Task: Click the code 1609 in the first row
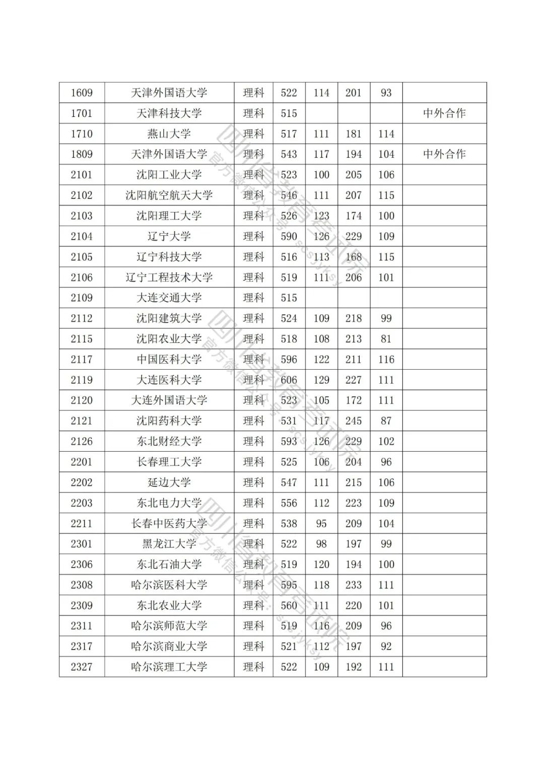[82, 93]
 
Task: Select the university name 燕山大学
[169, 134]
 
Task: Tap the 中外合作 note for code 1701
[444, 113]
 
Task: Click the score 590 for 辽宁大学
[289, 236]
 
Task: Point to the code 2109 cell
[82, 298]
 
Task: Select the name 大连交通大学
[169, 298]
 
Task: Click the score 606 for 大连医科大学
[289, 380]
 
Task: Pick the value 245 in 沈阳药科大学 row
[354, 421]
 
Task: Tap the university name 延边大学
[169, 482]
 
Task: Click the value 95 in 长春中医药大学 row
[321, 523]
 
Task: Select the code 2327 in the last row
[82, 667]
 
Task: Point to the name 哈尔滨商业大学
[169, 646]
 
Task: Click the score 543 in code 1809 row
[289, 154]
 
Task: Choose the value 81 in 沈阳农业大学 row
[386, 339]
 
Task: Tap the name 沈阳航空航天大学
[169, 195]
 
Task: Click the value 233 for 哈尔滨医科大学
[354, 585]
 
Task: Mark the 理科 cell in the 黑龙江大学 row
[253, 544]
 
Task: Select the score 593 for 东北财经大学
[289, 441]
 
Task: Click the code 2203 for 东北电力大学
[82, 503]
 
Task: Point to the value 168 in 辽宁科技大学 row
[354, 257]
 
